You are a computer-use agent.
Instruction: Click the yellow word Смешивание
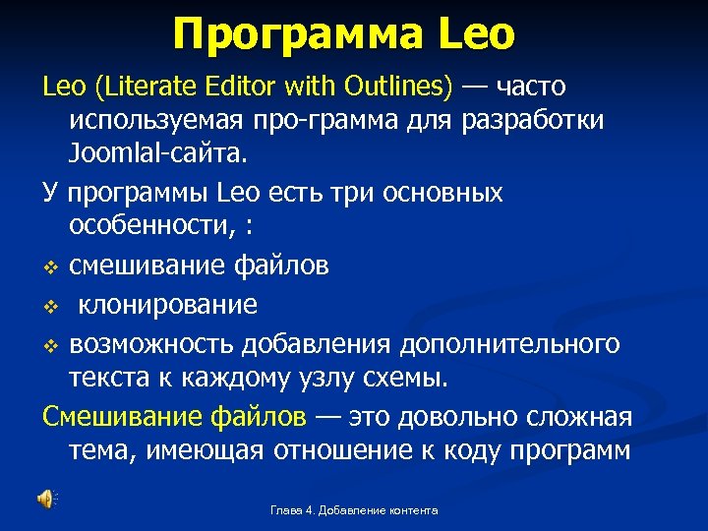click(x=122, y=417)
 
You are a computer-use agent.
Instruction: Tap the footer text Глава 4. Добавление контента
click(x=354, y=510)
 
